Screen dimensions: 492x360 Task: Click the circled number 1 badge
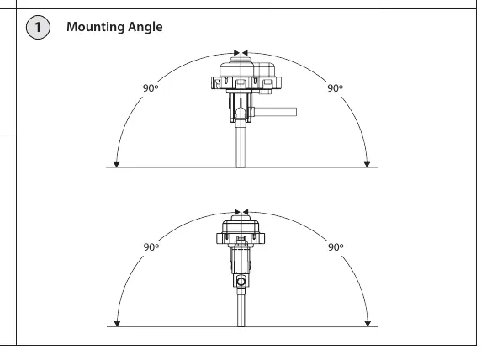pos(38,27)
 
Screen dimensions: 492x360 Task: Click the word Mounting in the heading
pos(92,27)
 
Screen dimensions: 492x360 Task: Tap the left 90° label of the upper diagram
pos(151,88)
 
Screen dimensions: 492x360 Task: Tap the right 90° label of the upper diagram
pos(335,88)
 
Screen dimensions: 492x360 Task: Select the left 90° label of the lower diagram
pos(151,247)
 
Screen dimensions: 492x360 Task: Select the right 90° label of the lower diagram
pos(336,247)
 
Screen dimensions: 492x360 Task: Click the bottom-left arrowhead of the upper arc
pos(116,165)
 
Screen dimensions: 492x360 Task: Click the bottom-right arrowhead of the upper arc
pos(367,165)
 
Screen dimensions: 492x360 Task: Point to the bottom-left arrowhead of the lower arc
pos(117,324)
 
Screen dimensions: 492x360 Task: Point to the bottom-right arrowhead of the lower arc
pos(368,324)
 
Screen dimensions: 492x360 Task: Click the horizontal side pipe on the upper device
pos(274,112)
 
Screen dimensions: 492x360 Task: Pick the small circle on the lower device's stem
pos(241,281)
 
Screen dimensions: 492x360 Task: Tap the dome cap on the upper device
pos(240,60)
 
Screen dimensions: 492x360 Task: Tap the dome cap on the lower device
pos(241,218)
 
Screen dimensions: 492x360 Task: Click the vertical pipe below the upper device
pos(241,145)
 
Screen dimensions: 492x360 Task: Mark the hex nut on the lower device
pos(241,241)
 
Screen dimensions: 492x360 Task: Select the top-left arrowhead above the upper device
pos(237,53)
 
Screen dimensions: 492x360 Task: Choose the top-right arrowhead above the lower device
pos(246,212)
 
